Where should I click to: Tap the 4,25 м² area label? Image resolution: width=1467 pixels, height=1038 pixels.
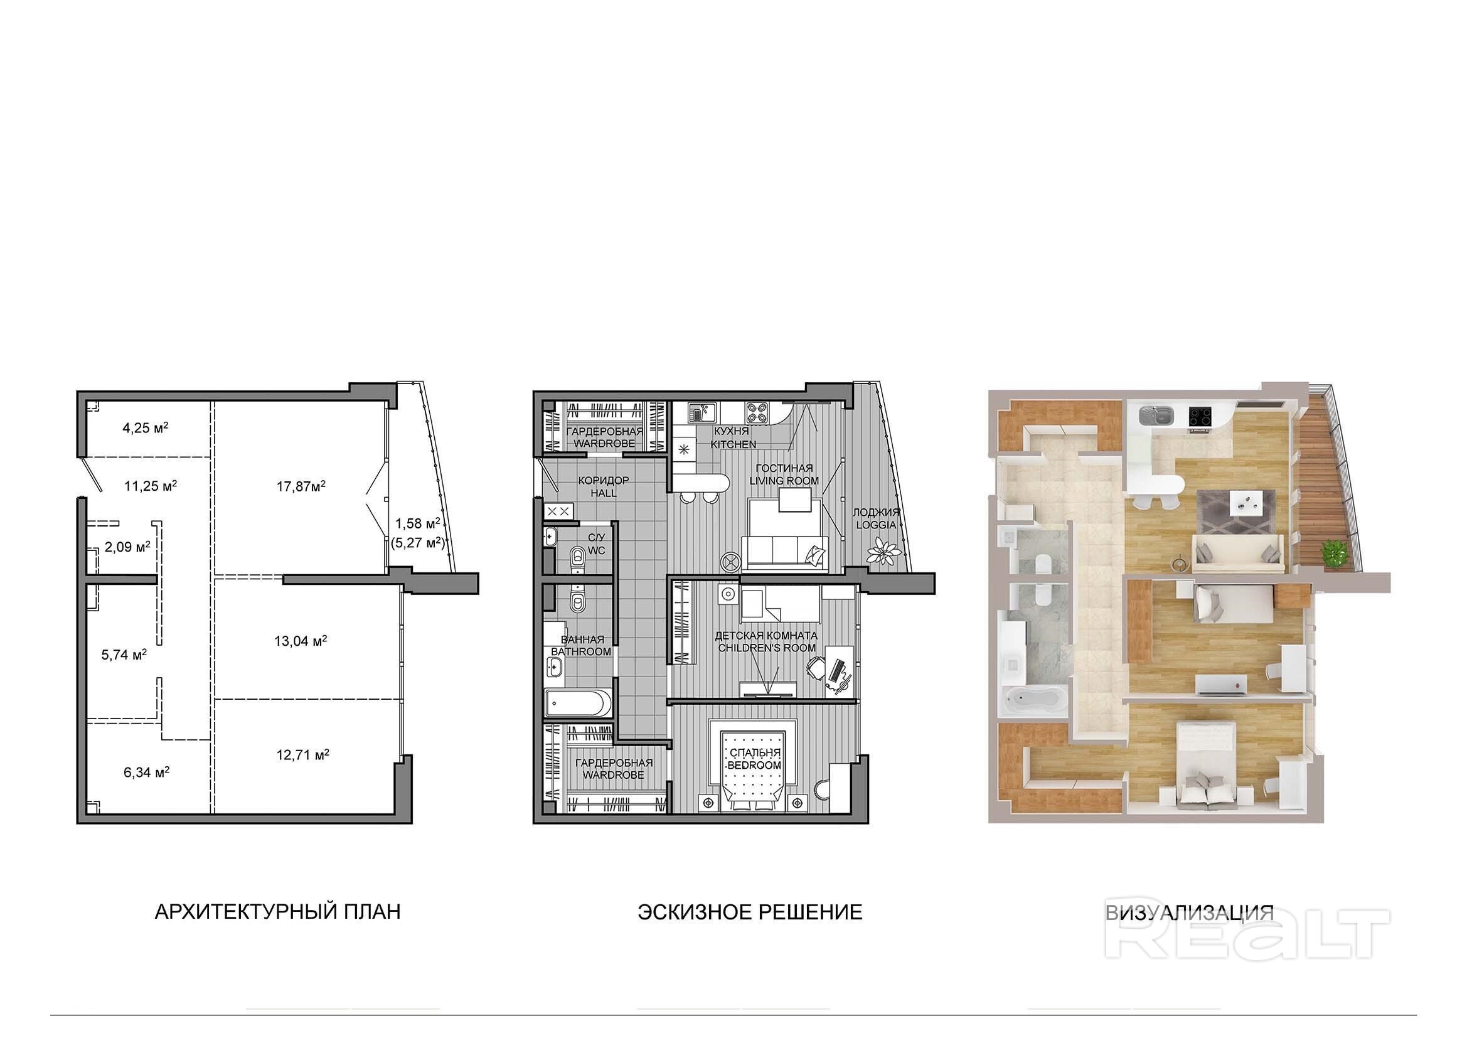tap(145, 427)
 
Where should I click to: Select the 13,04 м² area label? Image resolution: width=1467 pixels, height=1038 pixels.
tap(301, 641)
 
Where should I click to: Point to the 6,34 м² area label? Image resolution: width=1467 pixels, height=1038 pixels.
tap(146, 773)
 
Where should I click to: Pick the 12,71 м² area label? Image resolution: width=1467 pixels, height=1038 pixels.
tap(302, 756)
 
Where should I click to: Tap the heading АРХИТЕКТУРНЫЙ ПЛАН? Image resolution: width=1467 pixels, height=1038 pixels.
tap(278, 911)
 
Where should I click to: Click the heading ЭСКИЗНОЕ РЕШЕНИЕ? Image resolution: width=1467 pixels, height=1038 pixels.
tap(750, 911)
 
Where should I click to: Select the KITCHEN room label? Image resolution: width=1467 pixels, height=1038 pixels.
tap(734, 444)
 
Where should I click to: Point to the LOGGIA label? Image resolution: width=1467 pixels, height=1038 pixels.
tap(877, 525)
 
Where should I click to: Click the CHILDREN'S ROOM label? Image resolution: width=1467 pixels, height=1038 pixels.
tap(767, 648)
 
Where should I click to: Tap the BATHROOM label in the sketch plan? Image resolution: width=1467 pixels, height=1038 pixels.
tap(581, 651)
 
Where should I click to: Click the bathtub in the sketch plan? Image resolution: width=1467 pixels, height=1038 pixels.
tap(579, 703)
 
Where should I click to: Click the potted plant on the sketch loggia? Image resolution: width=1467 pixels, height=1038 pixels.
tap(885, 551)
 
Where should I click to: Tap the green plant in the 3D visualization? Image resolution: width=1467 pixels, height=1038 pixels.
tap(1331, 552)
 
